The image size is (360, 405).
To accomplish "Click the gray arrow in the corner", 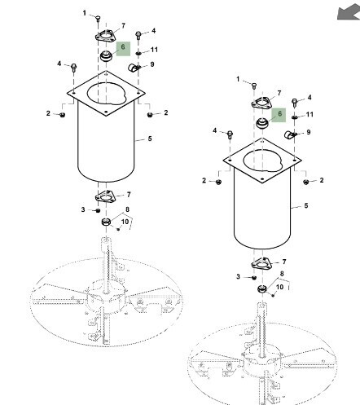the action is [x=349, y=12].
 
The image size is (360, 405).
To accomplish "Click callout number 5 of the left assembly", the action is [x=150, y=139].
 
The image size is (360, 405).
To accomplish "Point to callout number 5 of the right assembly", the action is [x=306, y=205].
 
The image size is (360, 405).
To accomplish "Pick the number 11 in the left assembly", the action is [x=154, y=50].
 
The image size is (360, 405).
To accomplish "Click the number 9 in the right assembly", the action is [x=309, y=132].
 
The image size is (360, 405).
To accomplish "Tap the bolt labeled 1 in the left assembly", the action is [x=98, y=19].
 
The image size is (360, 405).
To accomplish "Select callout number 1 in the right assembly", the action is [x=238, y=79].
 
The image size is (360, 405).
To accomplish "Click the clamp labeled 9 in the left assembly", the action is [x=133, y=67].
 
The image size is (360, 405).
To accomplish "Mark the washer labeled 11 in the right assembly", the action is [x=295, y=117].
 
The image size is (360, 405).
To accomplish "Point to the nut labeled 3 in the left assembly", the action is [x=98, y=210].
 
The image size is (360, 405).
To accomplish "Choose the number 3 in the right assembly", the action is [x=238, y=276].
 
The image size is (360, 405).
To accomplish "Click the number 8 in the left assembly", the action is [x=127, y=209].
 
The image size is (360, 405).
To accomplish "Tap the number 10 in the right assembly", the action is [x=279, y=287].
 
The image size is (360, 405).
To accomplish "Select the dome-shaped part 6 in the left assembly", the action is [x=106, y=56].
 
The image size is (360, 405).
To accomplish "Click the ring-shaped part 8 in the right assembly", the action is [x=262, y=289].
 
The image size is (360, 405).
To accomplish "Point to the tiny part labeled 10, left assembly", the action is [x=118, y=229].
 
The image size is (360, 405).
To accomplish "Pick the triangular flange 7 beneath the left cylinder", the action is [x=105, y=196].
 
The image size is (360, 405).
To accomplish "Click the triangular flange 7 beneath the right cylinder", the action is [x=261, y=263].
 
